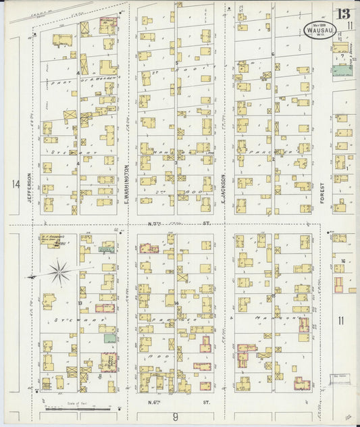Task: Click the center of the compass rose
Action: (59, 272)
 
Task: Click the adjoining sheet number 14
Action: (15, 184)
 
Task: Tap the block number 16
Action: (343, 261)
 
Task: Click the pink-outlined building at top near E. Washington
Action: (107, 26)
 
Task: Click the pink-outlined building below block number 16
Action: (340, 283)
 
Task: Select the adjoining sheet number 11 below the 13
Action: (350, 26)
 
